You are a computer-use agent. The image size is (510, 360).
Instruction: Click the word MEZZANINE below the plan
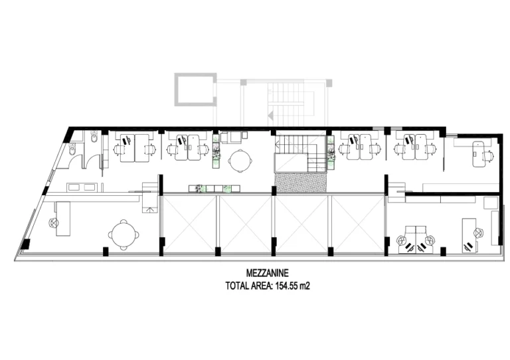point(268,272)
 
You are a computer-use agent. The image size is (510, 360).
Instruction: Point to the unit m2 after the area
point(305,286)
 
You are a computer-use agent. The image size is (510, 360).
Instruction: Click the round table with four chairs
point(124,234)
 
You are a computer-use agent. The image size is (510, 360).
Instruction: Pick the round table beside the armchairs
point(240,160)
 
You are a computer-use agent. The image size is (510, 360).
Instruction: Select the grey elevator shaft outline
point(195,90)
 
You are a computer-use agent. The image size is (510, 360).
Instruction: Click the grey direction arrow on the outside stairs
point(270,115)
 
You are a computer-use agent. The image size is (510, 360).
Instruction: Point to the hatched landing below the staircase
point(301,183)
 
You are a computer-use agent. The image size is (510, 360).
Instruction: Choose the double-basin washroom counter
point(81,187)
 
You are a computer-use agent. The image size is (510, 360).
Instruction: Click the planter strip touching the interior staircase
point(331,153)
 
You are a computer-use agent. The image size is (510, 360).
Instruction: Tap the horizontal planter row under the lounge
point(214,189)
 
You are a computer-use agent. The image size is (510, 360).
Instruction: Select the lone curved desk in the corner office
point(479,154)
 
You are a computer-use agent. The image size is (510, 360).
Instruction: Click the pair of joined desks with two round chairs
point(416,238)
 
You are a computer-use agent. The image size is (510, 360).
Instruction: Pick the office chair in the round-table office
point(53,223)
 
